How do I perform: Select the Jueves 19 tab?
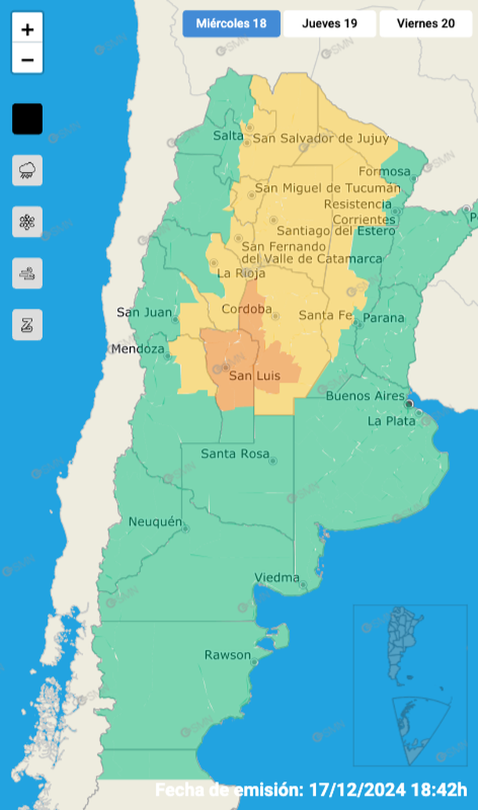tap(329, 24)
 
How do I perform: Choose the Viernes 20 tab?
tap(425, 24)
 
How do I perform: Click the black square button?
tap(27, 119)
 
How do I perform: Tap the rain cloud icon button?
tap(27, 170)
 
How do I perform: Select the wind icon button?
tap(27, 273)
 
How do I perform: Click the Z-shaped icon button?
tap(27, 324)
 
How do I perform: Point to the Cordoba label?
tap(246, 309)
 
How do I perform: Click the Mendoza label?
tap(138, 349)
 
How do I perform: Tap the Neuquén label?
tap(155, 522)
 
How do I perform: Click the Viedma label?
tap(277, 578)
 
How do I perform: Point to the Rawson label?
tap(227, 655)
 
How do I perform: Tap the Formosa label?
tap(384, 172)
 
